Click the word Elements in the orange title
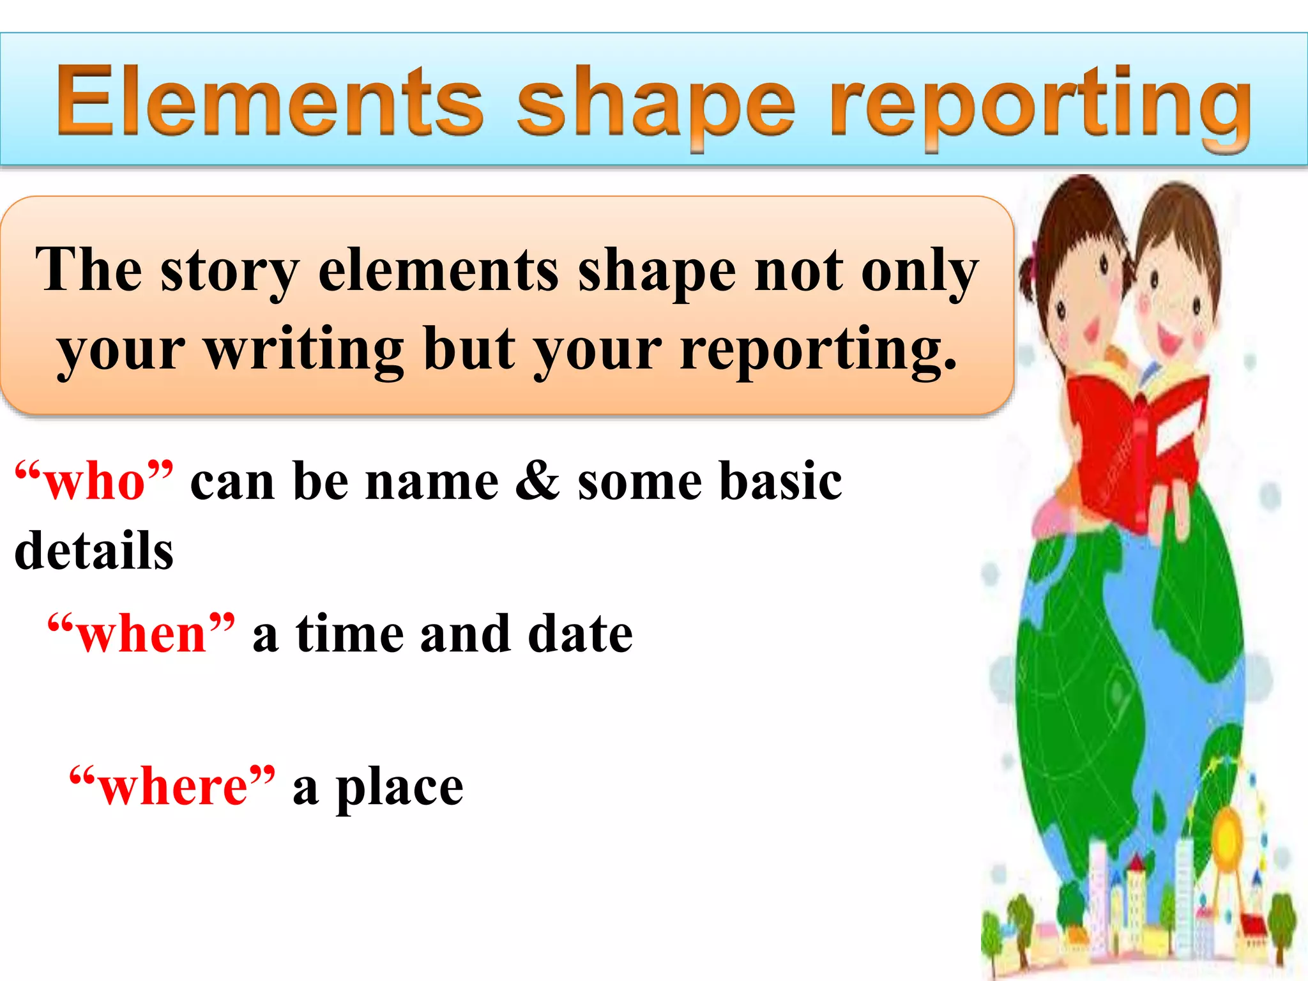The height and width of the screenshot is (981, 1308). click(x=268, y=102)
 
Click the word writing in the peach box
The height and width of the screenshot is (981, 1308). click(x=303, y=349)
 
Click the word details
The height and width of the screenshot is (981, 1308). click(x=94, y=551)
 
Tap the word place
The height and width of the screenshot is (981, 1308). click(x=400, y=788)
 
